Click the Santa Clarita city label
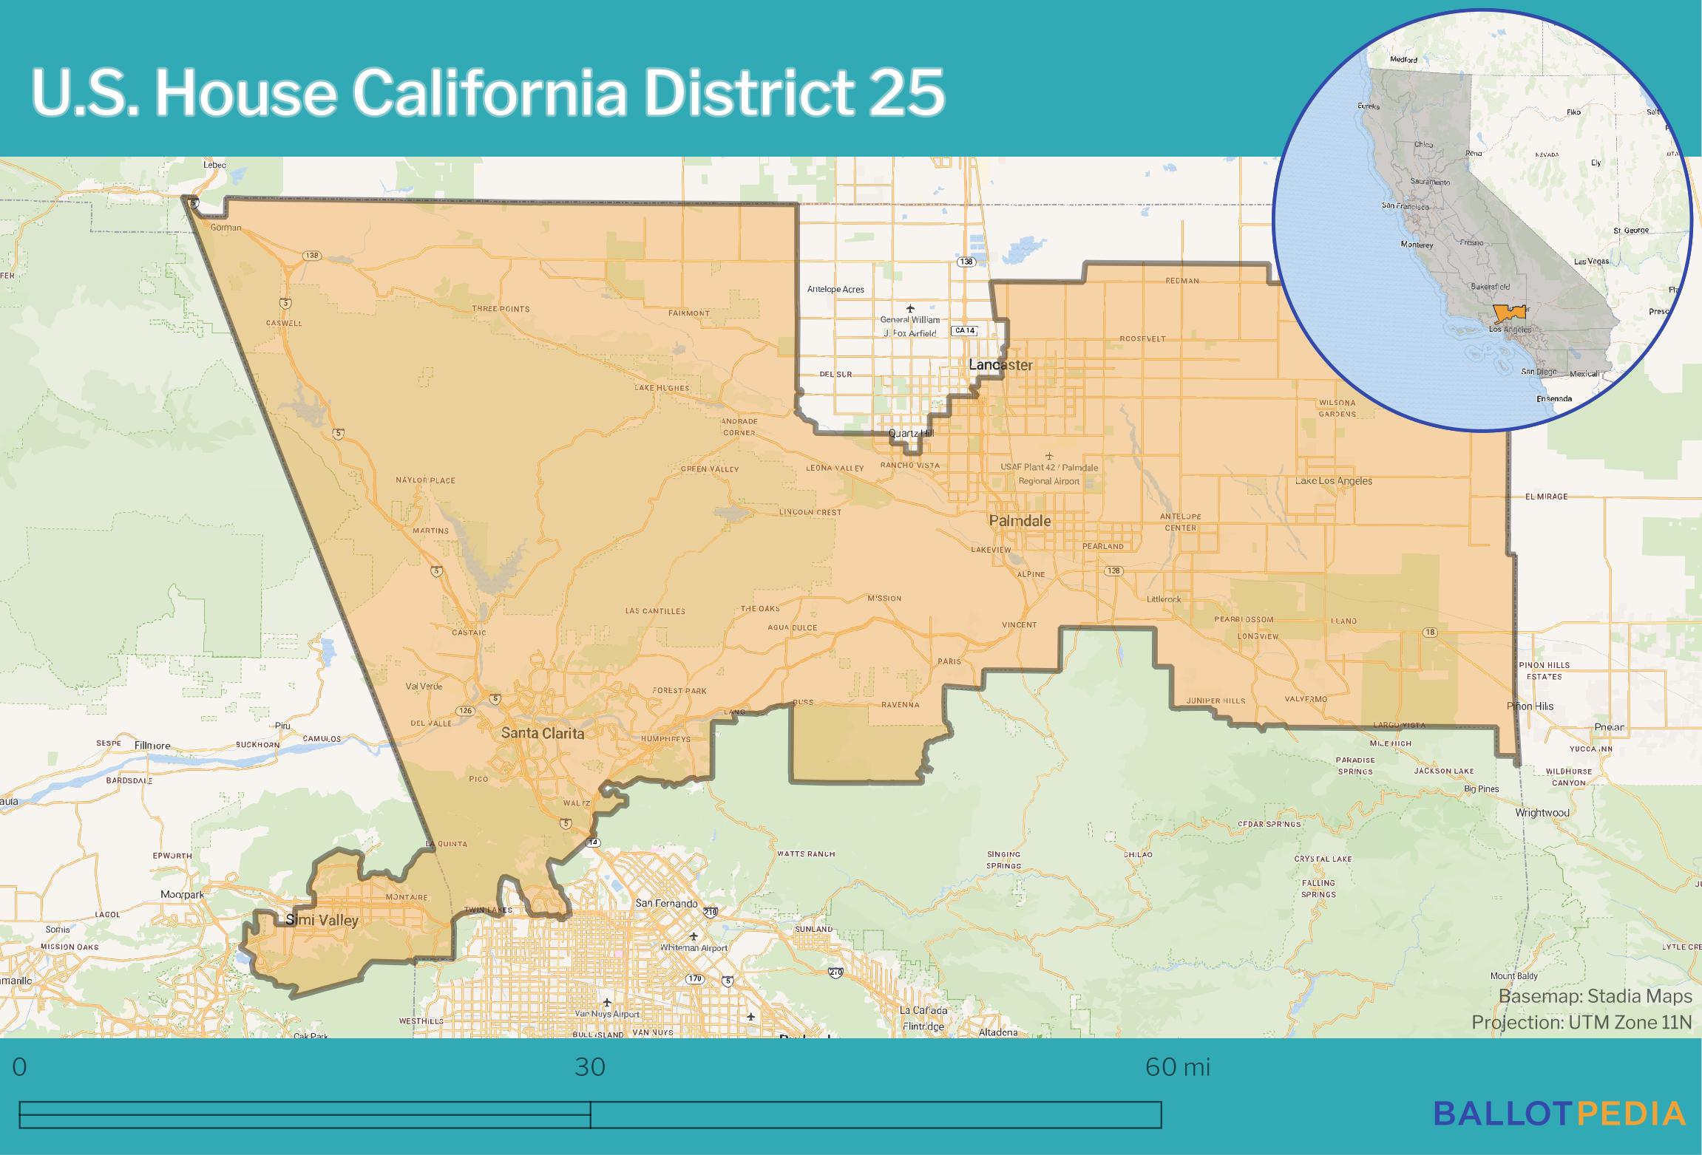click(543, 733)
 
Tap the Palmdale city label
click(1020, 521)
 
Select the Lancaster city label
click(1000, 365)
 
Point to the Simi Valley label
click(322, 920)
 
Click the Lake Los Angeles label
click(1333, 481)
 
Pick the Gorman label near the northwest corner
click(226, 228)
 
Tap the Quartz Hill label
click(911, 433)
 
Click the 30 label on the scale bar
click(590, 1067)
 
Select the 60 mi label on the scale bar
click(1177, 1067)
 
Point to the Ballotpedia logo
click(1559, 1114)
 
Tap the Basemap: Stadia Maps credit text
click(1595, 996)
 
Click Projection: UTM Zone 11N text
click(1581, 1022)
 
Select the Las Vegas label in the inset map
click(1591, 262)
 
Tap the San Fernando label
click(666, 903)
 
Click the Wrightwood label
click(1542, 812)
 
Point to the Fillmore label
click(153, 746)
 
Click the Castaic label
click(469, 633)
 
